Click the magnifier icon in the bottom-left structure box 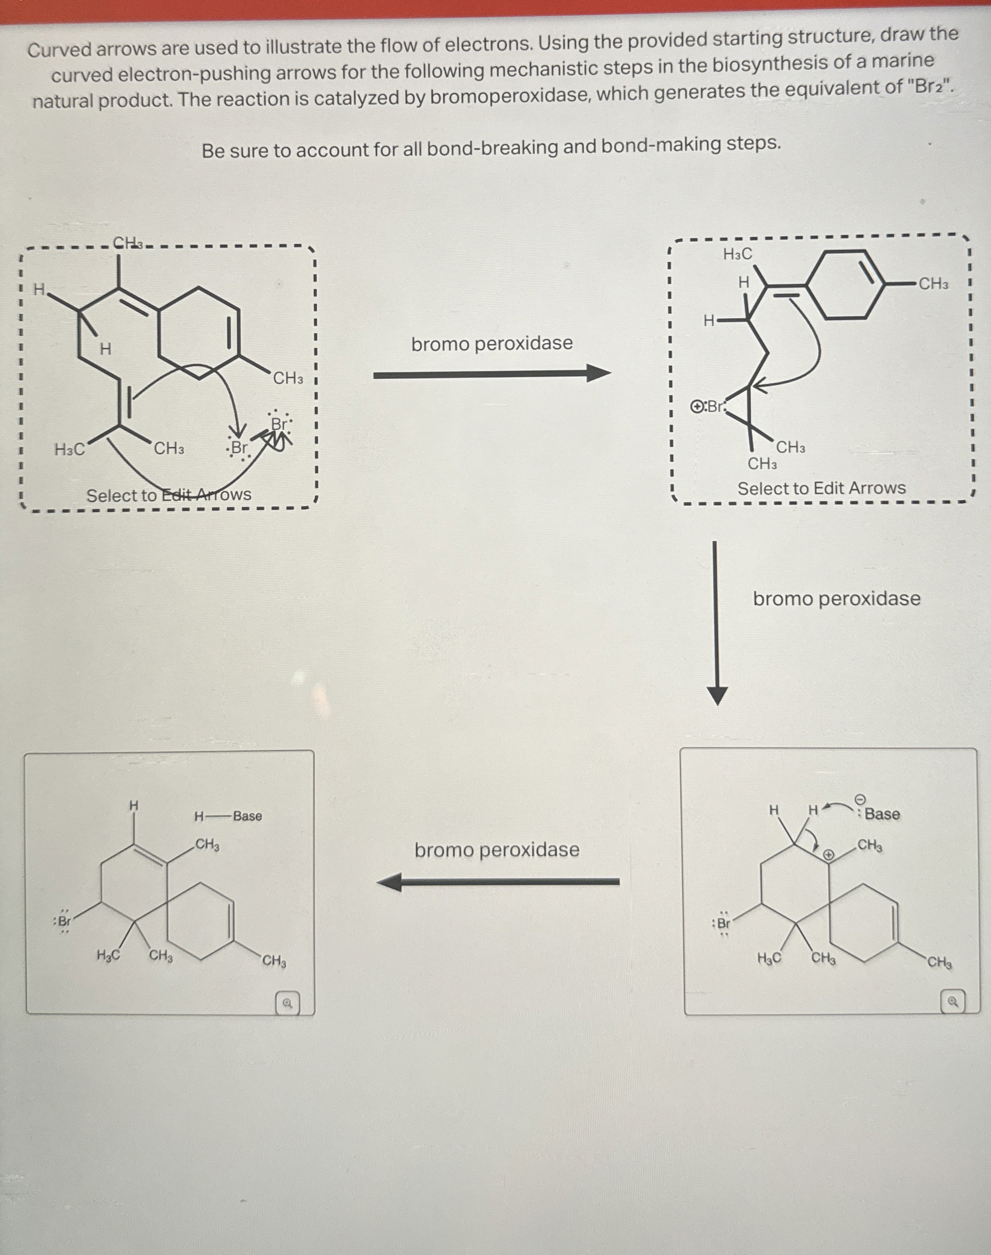pos(287,1003)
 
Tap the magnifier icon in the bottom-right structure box pos(952,1002)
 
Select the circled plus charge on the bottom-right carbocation pos(830,854)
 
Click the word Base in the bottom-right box pos(882,814)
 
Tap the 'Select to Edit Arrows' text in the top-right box pos(821,488)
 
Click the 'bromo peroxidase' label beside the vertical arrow pos(836,598)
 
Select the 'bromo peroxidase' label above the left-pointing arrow pos(496,850)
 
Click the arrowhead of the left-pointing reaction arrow pos(390,883)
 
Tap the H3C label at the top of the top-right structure pos(737,254)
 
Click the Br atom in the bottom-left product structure pos(64,921)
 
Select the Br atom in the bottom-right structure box pos(723,922)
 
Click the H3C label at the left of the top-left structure pos(70,449)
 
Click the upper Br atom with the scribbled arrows pos(280,424)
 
